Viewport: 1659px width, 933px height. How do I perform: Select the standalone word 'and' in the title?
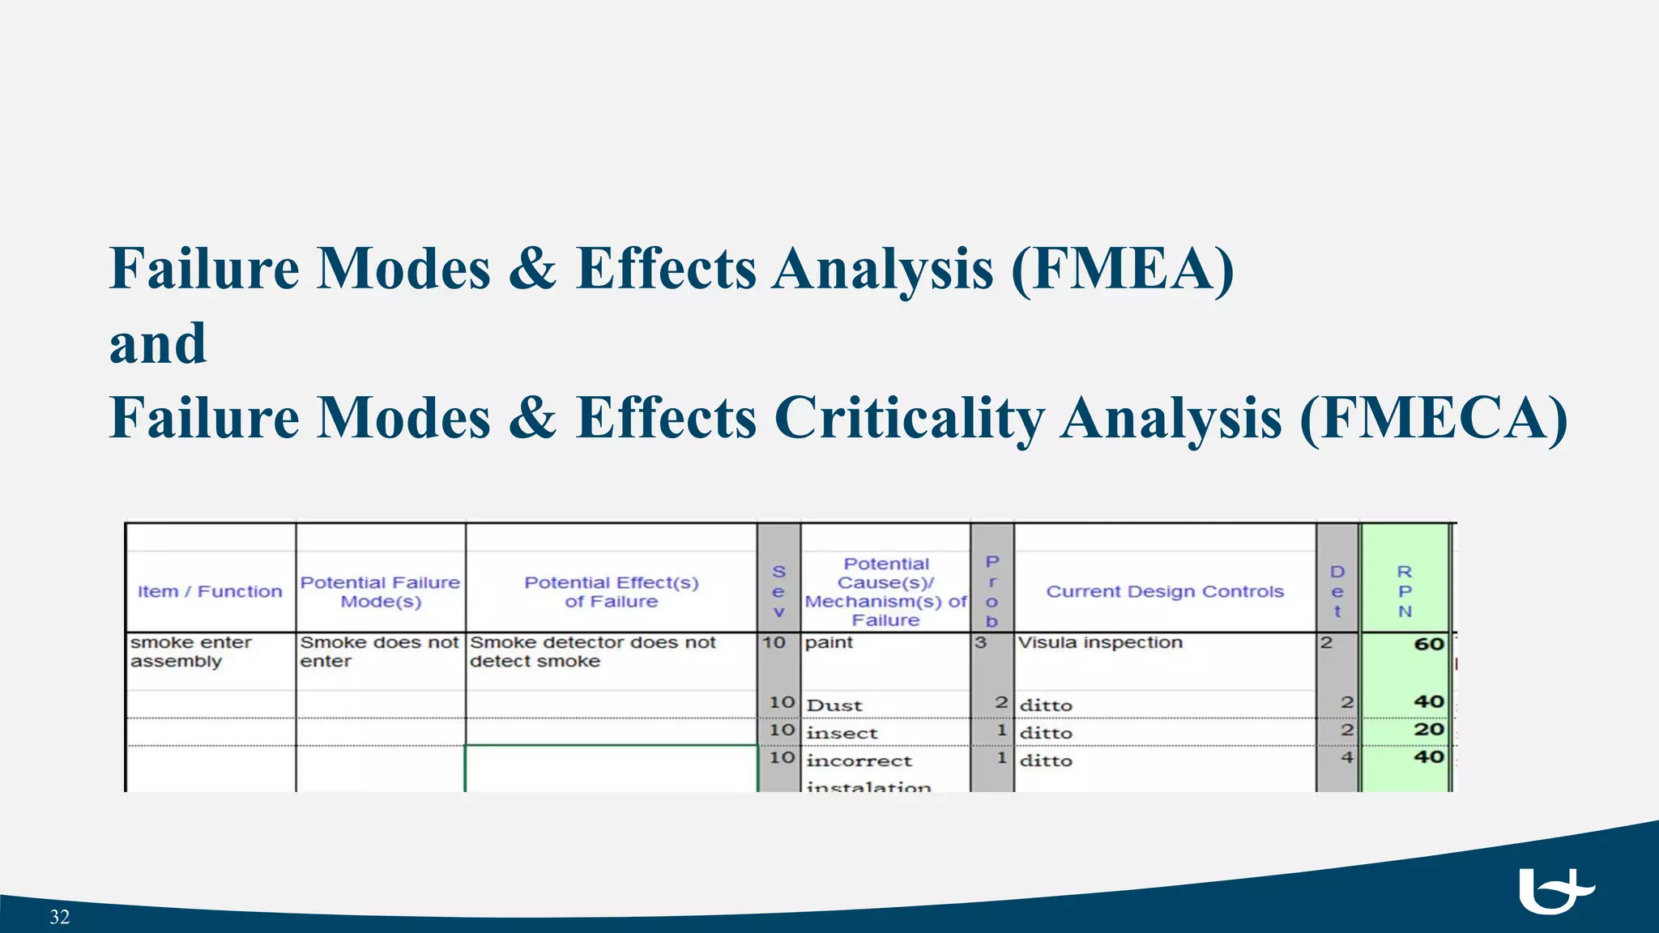click(158, 343)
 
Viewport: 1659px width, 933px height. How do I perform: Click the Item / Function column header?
click(210, 591)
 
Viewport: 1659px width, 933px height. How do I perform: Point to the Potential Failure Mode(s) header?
click(380, 592)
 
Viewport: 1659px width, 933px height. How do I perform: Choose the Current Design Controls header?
click(1165, 591)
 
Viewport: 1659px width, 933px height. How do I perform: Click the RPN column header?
click(1405, 591)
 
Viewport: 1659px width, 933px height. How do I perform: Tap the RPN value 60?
click(1428, 644)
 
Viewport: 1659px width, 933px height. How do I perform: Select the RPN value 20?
click(1429, 729)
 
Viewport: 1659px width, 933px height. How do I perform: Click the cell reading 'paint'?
click(829, 642)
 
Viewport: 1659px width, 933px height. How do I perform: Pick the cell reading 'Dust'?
click(834, 705)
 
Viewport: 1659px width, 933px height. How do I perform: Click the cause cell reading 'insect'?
click(842, 733)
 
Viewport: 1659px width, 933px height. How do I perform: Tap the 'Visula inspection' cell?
click(1100, 642)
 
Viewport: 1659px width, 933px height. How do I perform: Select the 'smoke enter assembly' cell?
click(191, 652)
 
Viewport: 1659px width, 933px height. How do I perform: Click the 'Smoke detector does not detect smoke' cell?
click(592, 652)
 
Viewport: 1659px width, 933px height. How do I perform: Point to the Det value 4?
click(1346, 757)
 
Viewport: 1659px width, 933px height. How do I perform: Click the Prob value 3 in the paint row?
click(981, 642)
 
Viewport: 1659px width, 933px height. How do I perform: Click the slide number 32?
click(60, 917)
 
